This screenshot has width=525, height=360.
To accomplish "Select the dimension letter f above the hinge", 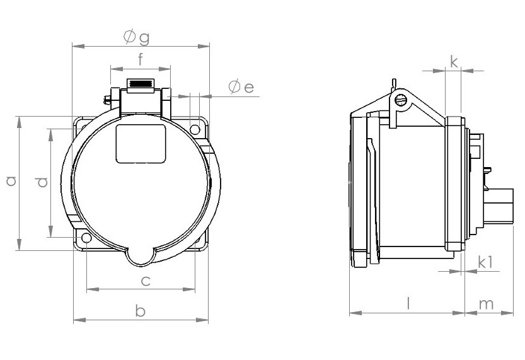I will click(141, 60).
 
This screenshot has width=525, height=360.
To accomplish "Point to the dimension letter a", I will click(10, 182).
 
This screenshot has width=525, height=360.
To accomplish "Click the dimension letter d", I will click(42, 182).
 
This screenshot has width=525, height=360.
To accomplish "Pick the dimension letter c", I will click(145, 281).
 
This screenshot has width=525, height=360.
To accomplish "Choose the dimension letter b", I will click(141, 311).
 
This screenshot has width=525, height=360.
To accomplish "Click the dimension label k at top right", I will click(454, 61).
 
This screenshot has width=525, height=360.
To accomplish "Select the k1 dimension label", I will click(485, 262).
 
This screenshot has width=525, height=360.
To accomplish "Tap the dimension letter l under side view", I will click(408, 303).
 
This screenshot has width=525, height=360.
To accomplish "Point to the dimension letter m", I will click(487, 304).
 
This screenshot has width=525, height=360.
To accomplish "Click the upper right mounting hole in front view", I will click(195, 130).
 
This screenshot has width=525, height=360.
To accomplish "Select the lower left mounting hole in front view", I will click(85, 239).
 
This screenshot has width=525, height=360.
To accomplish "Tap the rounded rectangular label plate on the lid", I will click(141, 143).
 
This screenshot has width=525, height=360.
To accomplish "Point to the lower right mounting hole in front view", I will click(197, 239).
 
